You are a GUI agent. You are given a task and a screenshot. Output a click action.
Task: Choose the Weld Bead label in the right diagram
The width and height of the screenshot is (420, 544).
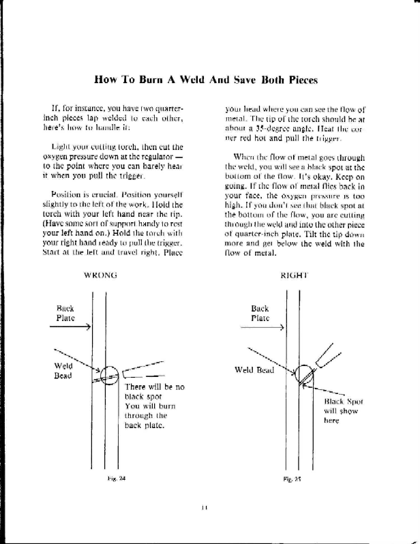(x=254, y=370)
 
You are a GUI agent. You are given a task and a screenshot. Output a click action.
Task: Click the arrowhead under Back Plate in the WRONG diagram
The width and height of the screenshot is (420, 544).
(x=89, y=327)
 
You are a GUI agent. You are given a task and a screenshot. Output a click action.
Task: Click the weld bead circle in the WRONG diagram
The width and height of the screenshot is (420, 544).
(x=108, y=374)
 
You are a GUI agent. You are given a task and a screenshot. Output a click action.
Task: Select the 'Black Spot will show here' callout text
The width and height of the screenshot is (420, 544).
(x=336, y=411)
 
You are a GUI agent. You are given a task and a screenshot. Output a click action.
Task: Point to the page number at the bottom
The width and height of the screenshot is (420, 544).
(x=205, y=507)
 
